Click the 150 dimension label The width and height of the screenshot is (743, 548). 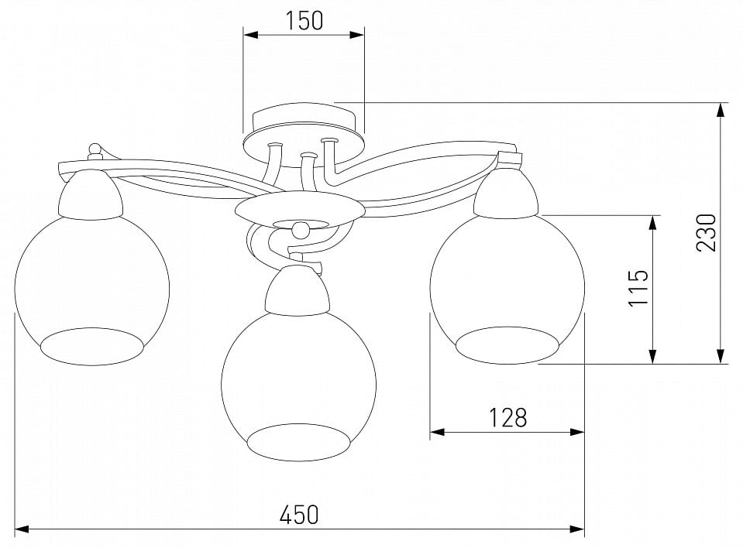pyautogui.click(x=304, y=21)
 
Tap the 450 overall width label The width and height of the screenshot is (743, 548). pyautogui.click(x=299, y=515)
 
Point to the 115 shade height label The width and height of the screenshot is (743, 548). pyautogui.click(x=638, y=288)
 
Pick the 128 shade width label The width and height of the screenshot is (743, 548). pyautogui.click(x=507, y=418)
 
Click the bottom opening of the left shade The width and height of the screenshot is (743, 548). pyautogui.click(x=91, y=347)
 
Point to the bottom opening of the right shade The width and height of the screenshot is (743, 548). pyautogui.click(x=507, y=345)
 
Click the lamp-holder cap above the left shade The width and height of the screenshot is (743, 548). pyautogui.click(x=91, y=195)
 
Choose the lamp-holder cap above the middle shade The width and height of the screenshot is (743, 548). pyautogui.click(x=298, y=290)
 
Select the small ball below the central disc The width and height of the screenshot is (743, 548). pyautogui.click(x=301, y=230)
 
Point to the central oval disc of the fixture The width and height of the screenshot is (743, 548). pyautogui.click(x=300, y=211)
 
